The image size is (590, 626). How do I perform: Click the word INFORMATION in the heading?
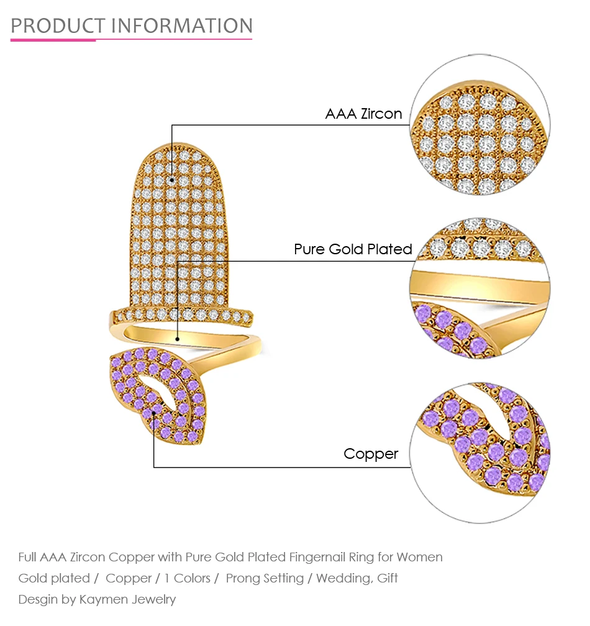point(182,26)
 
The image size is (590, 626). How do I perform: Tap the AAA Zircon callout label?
point(363,114)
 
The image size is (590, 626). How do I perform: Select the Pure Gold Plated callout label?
point(353,249)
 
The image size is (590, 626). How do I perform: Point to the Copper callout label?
point(371,454)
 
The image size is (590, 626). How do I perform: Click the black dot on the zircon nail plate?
point(172,180)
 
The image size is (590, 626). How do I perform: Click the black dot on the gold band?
point(178,339)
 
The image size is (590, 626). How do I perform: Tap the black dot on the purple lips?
point(153,413)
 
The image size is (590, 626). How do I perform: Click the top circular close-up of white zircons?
point(480,124)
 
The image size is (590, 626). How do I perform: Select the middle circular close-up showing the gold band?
point(480,288)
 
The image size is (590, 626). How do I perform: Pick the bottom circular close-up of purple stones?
point(480,453)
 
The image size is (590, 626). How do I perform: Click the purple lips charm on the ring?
point(158,395)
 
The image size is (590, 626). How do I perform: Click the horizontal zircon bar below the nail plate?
point(181,316)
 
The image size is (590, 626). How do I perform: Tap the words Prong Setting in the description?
point(265,579)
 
